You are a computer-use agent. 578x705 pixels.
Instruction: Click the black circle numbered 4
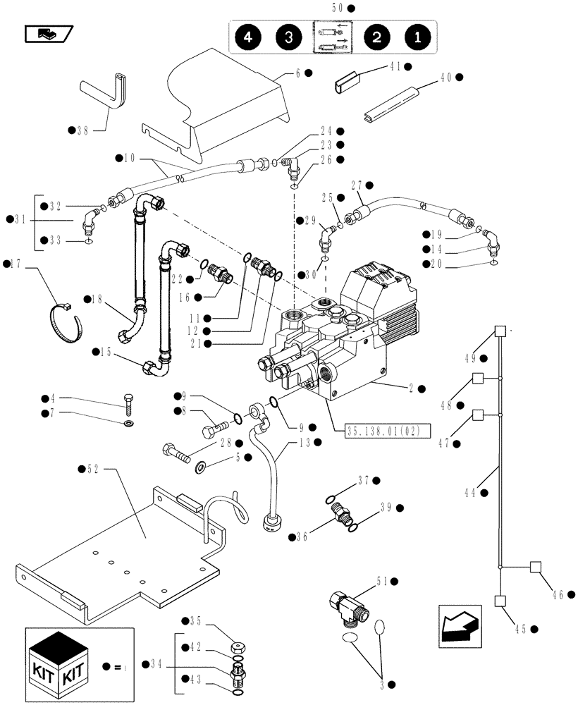249,38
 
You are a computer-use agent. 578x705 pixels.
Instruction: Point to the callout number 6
297,73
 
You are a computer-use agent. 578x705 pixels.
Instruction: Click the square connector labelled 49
500,331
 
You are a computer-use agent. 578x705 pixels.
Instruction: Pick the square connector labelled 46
535,566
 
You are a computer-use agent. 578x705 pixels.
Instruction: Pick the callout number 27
357,185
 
